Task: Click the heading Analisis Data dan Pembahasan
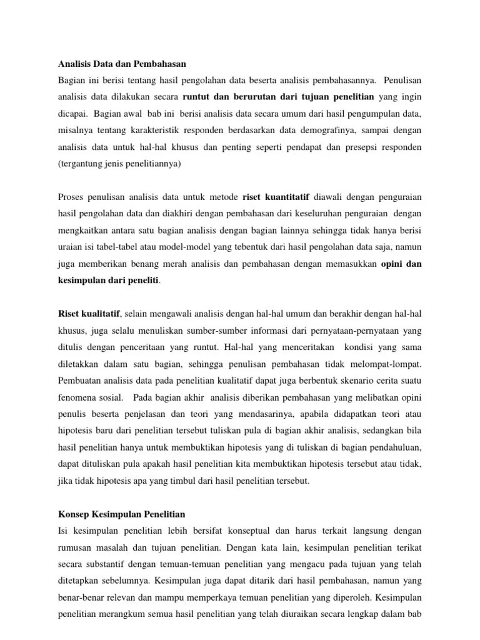point(122,64)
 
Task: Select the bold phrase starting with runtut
point(278,97)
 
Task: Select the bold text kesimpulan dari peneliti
point(108,280)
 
